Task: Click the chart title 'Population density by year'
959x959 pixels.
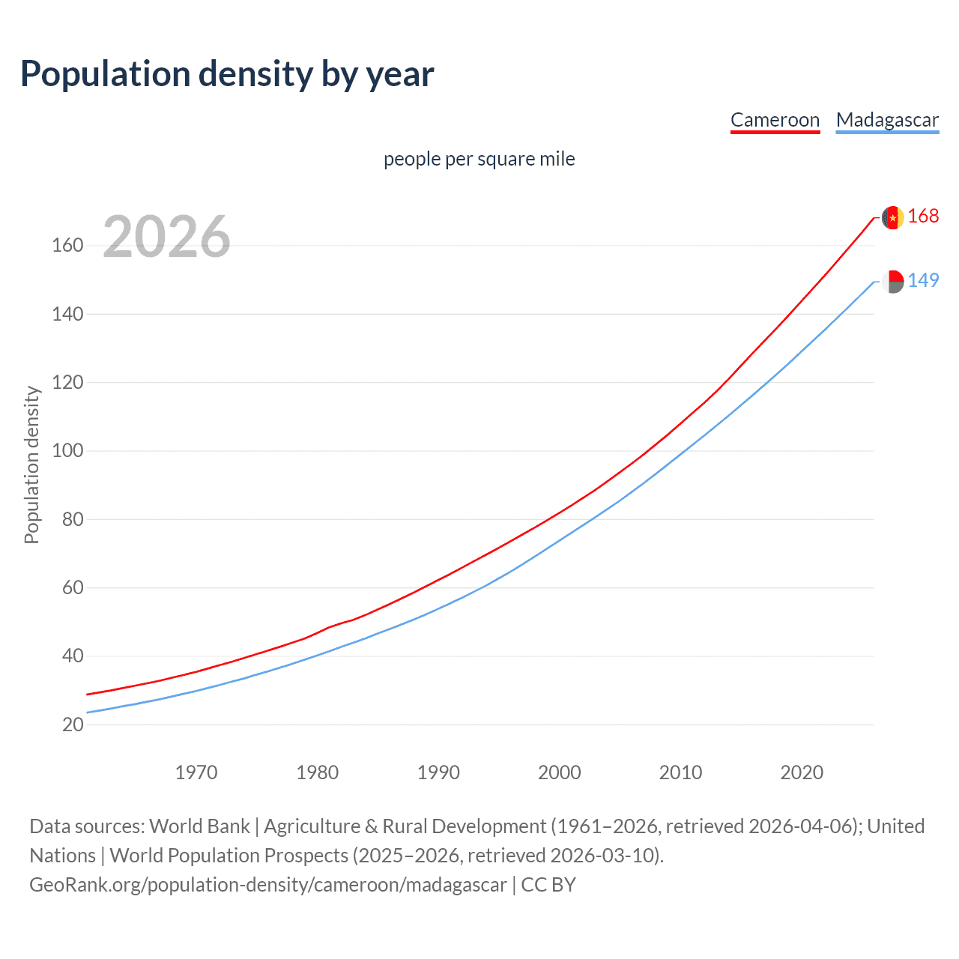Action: [227, 74]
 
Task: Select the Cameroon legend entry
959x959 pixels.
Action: [775, 120]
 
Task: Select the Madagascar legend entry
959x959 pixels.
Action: [887, 120]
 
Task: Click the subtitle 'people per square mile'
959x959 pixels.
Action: [479, 159]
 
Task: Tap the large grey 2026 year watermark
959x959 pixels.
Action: [166, 237]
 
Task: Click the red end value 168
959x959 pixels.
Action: [923, 217]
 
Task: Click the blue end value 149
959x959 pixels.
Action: [923, 280]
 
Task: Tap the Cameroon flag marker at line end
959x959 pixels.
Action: [892, 217]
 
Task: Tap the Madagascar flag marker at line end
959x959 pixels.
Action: [892, 282]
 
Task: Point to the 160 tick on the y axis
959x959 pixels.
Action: [67, 246]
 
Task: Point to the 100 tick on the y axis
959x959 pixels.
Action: [67, 451]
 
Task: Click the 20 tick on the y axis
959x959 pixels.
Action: [73, 724]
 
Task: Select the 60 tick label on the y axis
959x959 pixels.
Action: [73, 587]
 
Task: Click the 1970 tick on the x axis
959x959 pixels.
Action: [196, 772]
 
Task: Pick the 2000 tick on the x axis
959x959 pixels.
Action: [560, 772]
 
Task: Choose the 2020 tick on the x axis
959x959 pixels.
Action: [802, 772]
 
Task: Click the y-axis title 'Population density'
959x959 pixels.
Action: [31, 465]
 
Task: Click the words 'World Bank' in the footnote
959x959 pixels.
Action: [199, 826]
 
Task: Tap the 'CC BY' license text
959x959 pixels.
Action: [548, 885]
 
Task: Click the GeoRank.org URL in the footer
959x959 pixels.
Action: [268, 885]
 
